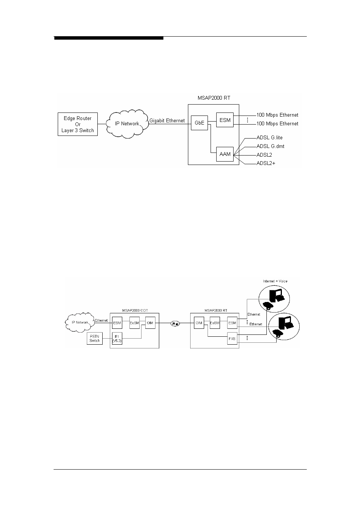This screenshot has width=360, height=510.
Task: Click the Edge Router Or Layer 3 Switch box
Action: [78, 124]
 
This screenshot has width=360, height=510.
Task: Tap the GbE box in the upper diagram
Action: [199, 123]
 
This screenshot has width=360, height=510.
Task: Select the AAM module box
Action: [225, 154]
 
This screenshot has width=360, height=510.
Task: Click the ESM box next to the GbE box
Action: [225, 120]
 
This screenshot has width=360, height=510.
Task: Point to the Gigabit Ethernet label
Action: [167, 121]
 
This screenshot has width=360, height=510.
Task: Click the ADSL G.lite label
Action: [269, 138]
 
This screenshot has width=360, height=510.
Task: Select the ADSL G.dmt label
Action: [270, 146]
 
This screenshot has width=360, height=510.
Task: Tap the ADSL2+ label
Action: [266, 163]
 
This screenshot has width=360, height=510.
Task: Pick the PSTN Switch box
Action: [95, 338]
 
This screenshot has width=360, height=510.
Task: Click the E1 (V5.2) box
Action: [117, 338]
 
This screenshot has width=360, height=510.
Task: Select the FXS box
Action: [232, 339]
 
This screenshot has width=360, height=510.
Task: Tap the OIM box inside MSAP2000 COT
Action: [150, 323]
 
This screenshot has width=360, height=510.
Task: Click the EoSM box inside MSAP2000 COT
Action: [134, 323]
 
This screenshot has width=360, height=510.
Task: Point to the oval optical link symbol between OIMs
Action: [175, 323]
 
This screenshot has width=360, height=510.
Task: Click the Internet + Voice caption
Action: [275, 281]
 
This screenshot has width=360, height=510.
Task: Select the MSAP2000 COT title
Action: [134, 310]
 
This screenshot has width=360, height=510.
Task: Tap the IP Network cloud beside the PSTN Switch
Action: [80, 322]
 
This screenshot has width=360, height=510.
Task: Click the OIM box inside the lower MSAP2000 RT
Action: [199, 323]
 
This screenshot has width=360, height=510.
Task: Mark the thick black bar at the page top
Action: [109, 38]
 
